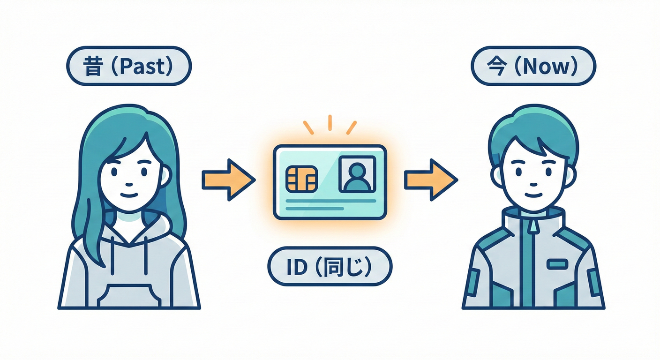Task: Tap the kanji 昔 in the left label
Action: coord(93,67)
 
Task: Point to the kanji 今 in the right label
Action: coord(497,67)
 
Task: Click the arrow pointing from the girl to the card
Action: coord(228,180)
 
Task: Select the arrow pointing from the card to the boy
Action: coord(431,180)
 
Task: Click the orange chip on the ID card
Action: coord(302,179)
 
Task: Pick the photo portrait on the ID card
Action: coord(357,174)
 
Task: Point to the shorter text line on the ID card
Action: coord(315,209)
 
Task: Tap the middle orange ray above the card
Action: coord(330,123)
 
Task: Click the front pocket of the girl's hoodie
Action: coord(129,296)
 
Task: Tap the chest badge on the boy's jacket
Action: coord(557,264)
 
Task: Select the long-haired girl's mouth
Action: coord(129,195)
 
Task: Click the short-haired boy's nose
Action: coord(534,185)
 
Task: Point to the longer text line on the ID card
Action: coord(331,201)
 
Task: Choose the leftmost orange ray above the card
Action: coord(308,127)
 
